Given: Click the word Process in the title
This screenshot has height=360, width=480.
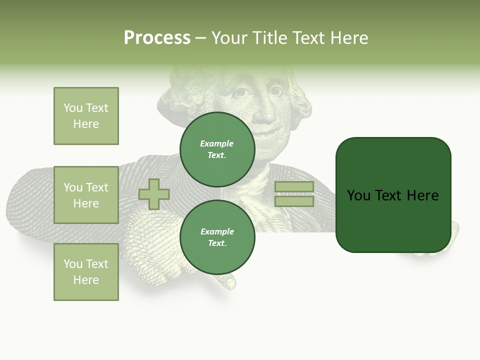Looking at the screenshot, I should [157, 38].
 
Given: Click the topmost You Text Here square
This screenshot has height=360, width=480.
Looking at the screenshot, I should [86, 116].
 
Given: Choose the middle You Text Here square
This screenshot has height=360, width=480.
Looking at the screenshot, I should [86, 195].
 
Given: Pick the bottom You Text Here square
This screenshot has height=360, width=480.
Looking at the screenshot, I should [86, 272].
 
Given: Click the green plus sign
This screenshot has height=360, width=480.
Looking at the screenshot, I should [154, 194].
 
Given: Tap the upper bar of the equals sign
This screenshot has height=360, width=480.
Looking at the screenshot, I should [294, 187].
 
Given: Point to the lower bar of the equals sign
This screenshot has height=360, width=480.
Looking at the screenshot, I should [294, 201].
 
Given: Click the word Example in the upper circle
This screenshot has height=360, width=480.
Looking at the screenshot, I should [217, 143].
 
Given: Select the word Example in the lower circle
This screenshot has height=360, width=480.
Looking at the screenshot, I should [217, 231].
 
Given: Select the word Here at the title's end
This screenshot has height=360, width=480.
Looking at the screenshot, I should [348, 38].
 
